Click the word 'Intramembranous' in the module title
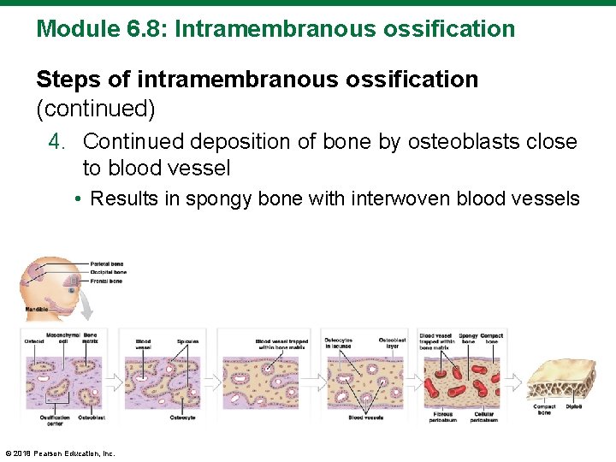[245, 29]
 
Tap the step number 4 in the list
[56, 141]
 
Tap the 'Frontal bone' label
[105, 281]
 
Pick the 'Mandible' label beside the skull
[37, 309]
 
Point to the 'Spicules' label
[187, 341]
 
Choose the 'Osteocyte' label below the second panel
[182, 418]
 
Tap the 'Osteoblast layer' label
[392, 343]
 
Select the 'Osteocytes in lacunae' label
[339, 343]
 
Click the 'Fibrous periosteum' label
[442, 418]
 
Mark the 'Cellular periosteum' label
[483, 418]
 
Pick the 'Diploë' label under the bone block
[573, 406]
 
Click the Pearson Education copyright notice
[60, 453]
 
